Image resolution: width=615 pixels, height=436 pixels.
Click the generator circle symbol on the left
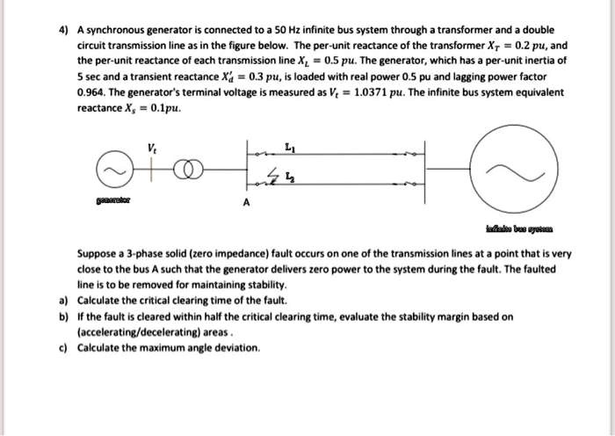pyautogui.click(x=111, y=173)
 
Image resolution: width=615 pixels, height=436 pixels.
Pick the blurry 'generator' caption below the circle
pyautogui.click(x=111, y=200)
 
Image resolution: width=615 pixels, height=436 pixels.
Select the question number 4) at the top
pyautogui.click(x=62, y=28)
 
